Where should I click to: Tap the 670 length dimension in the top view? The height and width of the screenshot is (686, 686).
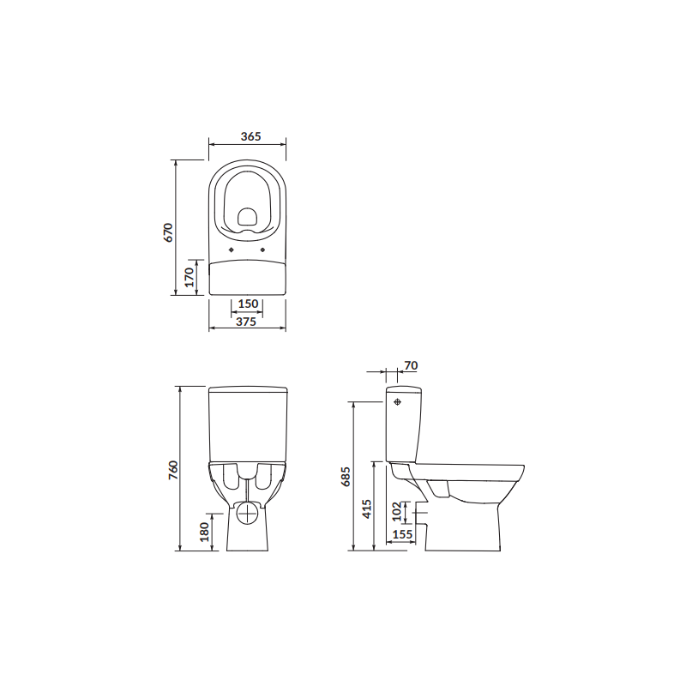click(x=170, y=232)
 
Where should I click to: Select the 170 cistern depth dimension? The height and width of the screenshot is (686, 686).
click(x=190, y=276)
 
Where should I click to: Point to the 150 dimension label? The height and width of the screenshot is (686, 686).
click(x=248, y=304)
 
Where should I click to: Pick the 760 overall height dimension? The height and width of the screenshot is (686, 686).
click(x=172, y=470)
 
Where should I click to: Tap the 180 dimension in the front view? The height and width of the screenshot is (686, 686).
click(x=203, y=532)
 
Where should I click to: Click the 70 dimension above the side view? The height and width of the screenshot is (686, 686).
click(x=410, y=366)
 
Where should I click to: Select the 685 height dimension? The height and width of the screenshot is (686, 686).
click(x=346, y=477)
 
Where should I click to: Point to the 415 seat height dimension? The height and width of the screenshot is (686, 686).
click(x=367, y=510)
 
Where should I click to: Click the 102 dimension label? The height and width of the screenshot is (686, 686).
click(x=397, y=512)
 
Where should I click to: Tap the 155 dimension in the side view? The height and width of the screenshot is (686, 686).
click(x=402, y=535)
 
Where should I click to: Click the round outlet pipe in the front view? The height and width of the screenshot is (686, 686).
click(x=249, y=514)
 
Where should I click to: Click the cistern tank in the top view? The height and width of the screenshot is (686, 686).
click(x=248, y=276)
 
